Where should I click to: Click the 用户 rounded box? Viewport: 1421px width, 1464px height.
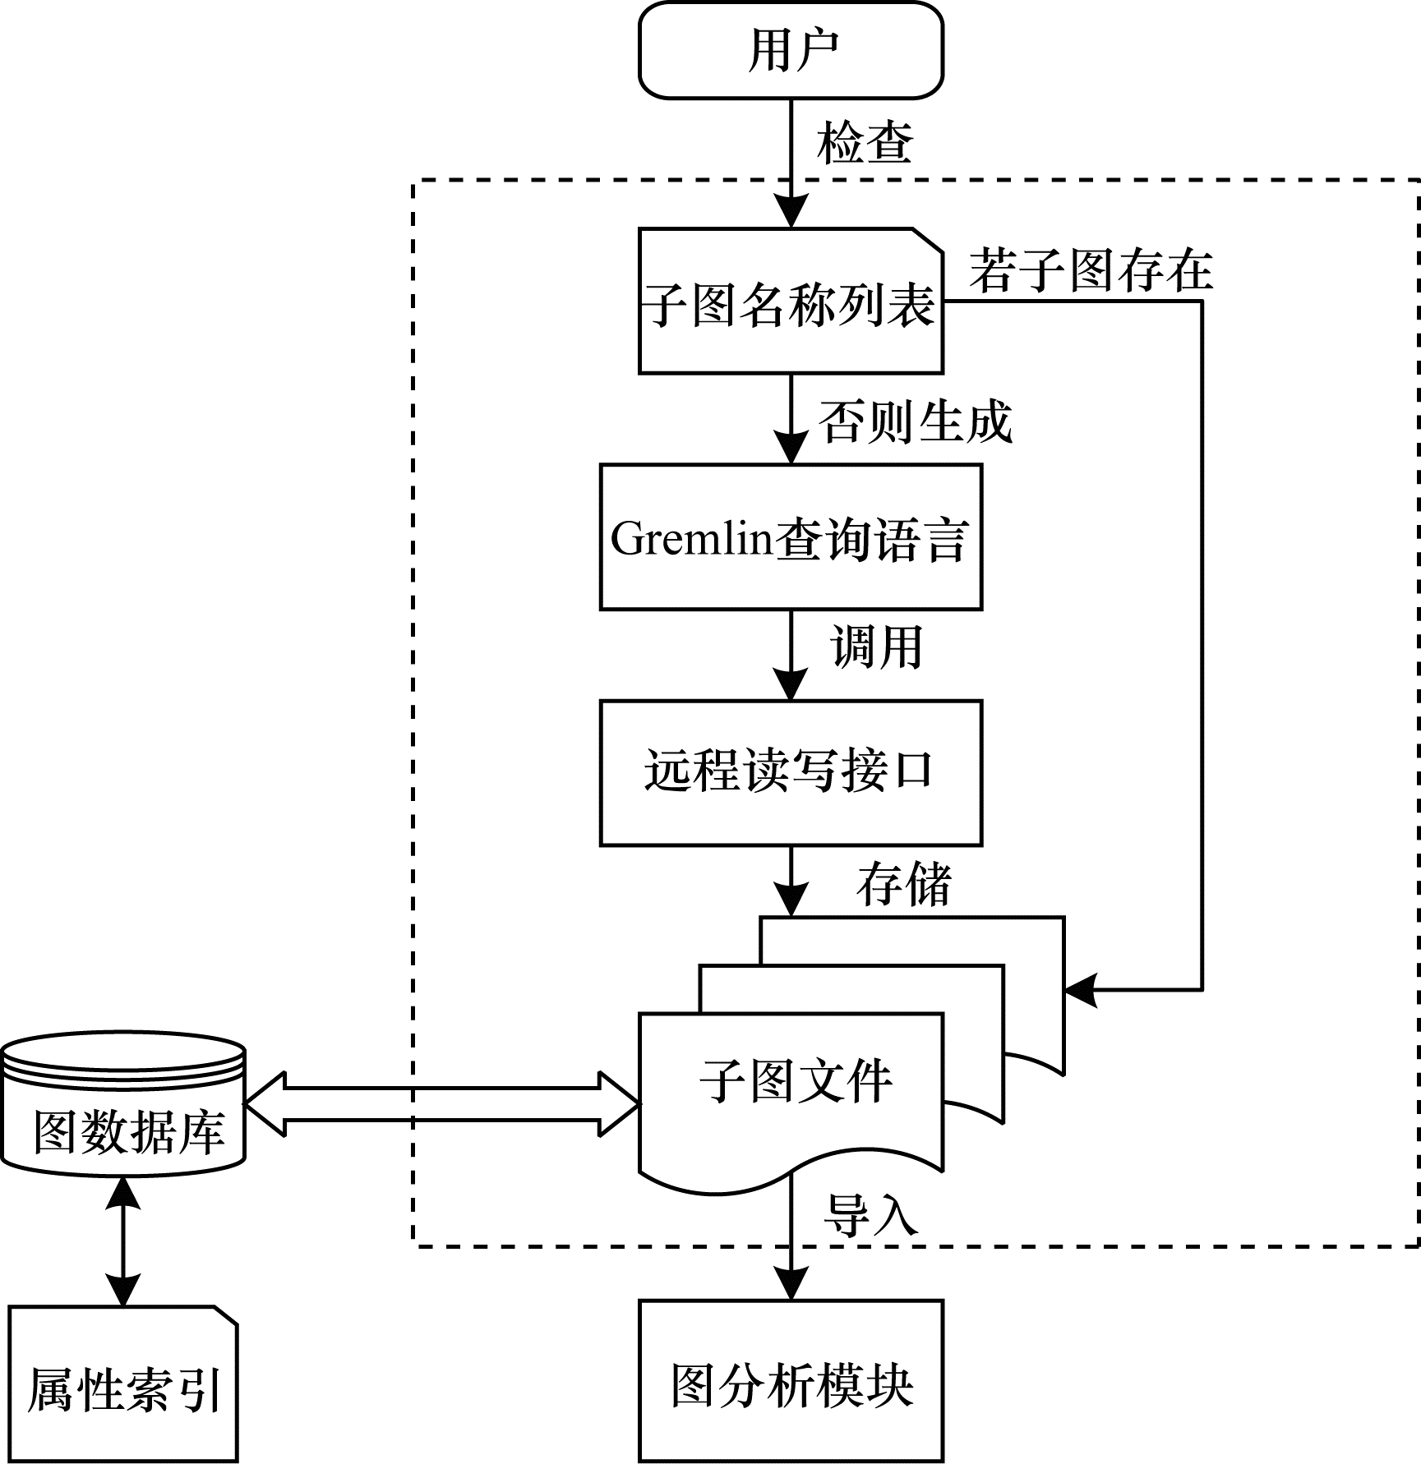tap(791, 50)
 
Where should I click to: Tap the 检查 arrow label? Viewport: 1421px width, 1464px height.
tap(865, 143)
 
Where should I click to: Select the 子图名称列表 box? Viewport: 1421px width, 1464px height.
tap(791, 302)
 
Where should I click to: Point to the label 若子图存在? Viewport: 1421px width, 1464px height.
tap(1091, 270)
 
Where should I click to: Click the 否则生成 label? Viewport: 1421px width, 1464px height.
tap(915, 422)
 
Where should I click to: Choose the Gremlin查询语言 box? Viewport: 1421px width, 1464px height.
tap(791, 538)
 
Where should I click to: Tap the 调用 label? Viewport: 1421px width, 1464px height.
tap(877, 647)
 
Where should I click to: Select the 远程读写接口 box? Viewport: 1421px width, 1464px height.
tap(791, 772)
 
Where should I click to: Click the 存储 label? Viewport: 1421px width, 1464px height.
tap(904, 885)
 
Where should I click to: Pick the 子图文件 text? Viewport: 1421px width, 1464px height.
tap(796, 1081)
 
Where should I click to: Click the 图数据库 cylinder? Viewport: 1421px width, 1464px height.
tap(123, 1109)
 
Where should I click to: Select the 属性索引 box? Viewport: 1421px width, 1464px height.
tap(123, 1388)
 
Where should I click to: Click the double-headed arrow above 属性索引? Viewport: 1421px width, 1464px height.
tap(123, 1241)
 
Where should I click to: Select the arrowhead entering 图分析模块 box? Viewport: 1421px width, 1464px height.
tap(791, 1283)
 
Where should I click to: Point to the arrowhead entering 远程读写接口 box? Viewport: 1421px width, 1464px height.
tap(791, 684)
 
